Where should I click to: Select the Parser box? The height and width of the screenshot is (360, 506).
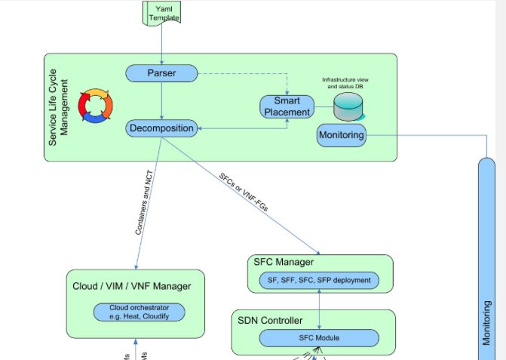coord(161,73)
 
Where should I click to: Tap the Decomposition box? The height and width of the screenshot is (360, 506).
coord(161,128)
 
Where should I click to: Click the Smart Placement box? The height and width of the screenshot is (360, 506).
coord(286,106)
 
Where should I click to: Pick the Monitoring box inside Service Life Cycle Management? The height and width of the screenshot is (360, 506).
coord(342,136)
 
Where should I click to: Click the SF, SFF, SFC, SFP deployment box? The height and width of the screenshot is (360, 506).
coord(319,281)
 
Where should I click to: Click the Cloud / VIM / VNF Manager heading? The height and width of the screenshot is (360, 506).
coord(132,286)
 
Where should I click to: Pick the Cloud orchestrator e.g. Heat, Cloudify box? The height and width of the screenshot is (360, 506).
coord(140,312)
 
